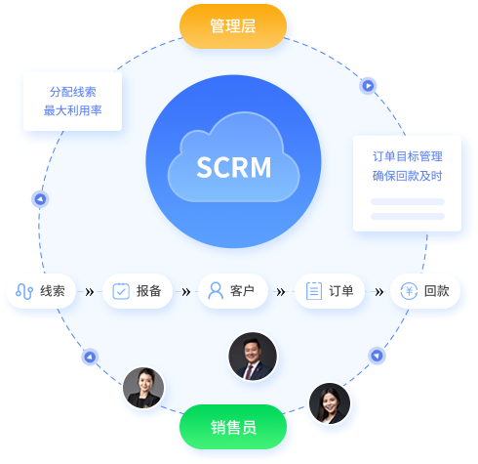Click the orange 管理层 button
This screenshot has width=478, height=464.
pos(233,26)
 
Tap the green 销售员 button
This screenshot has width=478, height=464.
pos(233,427)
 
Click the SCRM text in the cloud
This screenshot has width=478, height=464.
pos(234,167)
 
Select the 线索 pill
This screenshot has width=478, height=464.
pos(41,291)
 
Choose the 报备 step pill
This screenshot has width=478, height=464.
pos(138,291)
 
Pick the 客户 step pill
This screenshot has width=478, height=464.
pos(233,291)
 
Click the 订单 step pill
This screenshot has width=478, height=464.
pos(330,291)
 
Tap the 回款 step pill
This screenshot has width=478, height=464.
pos(425,291)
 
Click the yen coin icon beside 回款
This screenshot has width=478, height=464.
pos(409,291)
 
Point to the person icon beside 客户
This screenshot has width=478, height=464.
pos(216,290)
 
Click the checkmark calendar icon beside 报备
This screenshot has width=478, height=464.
pos(121,291)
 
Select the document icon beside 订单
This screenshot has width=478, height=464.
pos(314,291)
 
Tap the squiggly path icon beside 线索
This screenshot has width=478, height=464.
pos(24,291)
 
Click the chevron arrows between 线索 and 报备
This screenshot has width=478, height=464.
pos(90,292)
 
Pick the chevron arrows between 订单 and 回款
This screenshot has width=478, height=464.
pos(379,292)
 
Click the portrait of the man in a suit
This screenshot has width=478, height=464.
pos(253,357)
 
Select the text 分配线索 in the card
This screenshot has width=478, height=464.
pos(73,92)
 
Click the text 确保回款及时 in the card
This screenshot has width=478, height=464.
pos(408,176)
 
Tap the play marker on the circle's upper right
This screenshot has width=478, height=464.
pos(368,86)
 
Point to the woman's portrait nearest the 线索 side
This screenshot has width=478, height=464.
pos(143,388)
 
